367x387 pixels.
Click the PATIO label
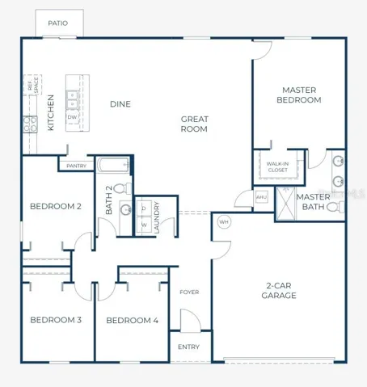[57, 23]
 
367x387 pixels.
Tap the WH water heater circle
[224, 222]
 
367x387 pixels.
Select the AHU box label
[261, 197]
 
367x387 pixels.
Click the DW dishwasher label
[72, 117]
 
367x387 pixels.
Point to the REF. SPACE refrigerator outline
[32, 85]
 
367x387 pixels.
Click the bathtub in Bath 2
[113, 165]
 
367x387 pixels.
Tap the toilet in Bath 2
[123, 187]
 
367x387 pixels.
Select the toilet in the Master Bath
[335, 207]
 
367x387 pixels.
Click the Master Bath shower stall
[285, 204]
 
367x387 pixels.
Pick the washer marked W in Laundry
[144, 225]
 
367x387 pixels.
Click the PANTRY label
[76, 166]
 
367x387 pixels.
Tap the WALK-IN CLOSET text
[277, 167]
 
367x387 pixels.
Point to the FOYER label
[189, 292]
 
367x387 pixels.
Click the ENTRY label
[188, 347]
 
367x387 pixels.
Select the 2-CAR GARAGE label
[279, 291]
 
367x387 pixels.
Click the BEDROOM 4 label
[132, 321]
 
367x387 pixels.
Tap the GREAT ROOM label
[194, 124]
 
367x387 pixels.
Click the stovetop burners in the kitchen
[30, 124]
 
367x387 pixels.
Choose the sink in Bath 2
[125, 210]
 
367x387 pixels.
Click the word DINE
[120, 104]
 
